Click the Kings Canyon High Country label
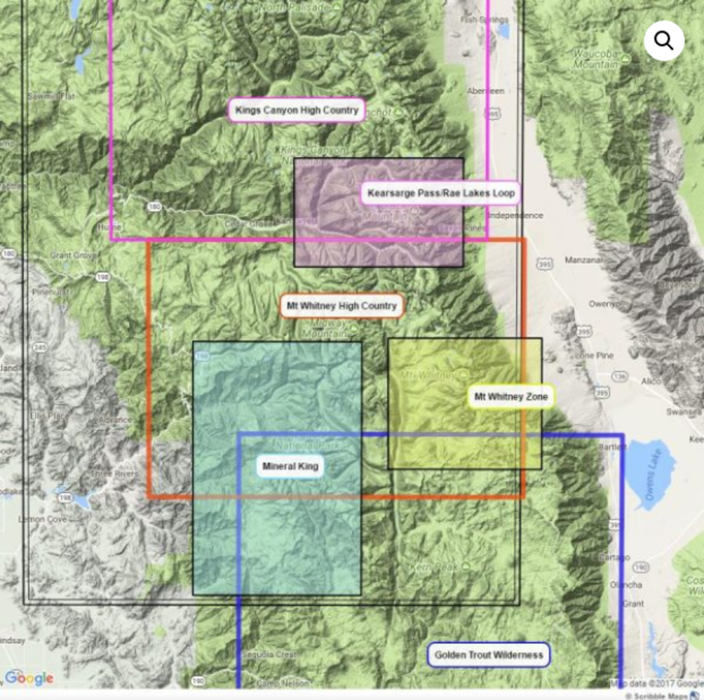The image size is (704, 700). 297,110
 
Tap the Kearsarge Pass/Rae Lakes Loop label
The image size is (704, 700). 441,192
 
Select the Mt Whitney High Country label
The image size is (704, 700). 341,306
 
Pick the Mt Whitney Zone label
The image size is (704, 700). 511,397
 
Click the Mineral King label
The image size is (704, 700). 290,466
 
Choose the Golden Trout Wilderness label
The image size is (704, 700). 489,655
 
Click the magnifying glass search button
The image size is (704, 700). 664,41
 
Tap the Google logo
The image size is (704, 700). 29,679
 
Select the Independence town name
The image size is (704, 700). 515,215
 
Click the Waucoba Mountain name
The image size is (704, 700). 596,60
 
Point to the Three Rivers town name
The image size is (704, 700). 114,474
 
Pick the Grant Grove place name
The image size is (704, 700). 74,255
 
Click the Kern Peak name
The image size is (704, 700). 433,567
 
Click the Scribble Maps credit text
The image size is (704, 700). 661,696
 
